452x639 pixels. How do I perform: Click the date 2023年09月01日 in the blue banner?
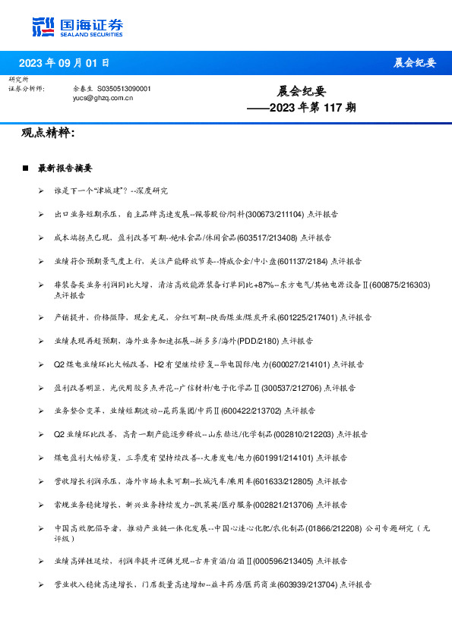[x=64, y=63]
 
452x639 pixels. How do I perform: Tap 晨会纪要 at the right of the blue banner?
[x=415, y=63]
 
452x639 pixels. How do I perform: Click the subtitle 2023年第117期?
[x=301, y=108]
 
